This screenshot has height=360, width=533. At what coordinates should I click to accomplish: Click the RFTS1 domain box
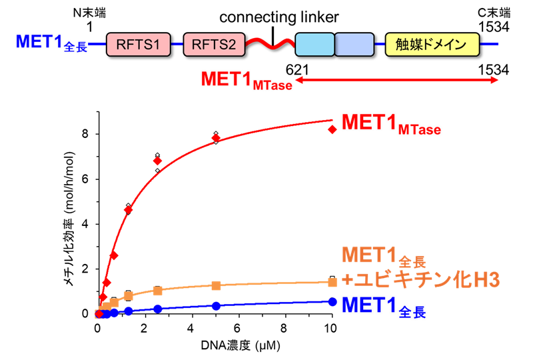point(138,45)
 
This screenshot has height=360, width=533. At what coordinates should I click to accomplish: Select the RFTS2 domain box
point(214,45)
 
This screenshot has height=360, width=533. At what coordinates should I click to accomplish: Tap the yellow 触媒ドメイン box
point(432,45)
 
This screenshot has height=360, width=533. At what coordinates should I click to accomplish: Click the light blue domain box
point(314,45)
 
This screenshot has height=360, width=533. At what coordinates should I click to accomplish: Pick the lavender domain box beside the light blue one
point(354,45)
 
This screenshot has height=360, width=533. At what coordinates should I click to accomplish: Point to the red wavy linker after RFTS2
point(270,45)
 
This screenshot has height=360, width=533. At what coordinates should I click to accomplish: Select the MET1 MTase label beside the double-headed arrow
point(247,81)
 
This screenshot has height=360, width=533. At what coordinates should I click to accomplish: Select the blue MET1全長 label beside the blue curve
point(384,307)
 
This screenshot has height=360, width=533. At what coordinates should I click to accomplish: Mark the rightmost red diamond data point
point(332,129)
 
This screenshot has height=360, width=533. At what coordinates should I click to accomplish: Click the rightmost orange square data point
point(332,281)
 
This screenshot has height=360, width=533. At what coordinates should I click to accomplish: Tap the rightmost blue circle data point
point(332,301)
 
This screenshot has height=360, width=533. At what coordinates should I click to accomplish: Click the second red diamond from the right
point(216,138)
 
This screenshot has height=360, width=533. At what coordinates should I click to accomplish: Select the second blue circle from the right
point(216,305)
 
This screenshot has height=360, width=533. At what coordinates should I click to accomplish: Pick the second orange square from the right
point(216,285)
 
